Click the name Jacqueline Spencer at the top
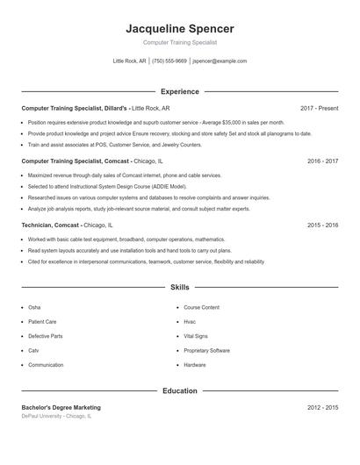point(180,29)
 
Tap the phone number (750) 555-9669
point(169,61)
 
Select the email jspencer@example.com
point(220,61)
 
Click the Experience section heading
point(180,91)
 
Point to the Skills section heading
point(180,287)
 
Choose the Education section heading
point(180,390)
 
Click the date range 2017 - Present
point(319,108)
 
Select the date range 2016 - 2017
point(322,161)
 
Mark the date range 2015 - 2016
point(322,225)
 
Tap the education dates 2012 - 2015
point(322,407)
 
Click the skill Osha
point(34,308)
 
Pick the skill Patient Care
point(42,322)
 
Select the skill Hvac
point(190,322)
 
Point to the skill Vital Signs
point(196,336)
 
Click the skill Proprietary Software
point(206,350)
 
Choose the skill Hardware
point(195,364)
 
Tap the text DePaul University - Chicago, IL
point(56,416)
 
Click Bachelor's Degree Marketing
point(61,407)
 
